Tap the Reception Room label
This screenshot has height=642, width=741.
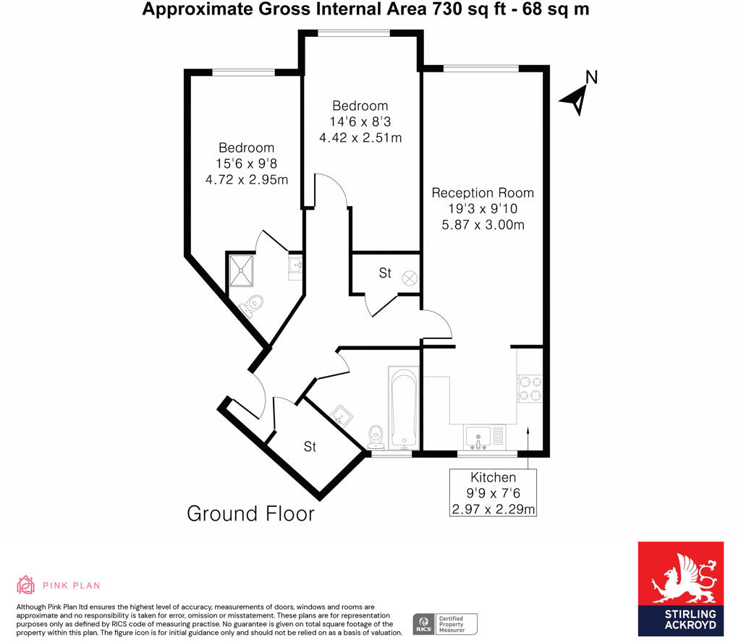483,193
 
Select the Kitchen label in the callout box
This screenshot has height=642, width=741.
493,477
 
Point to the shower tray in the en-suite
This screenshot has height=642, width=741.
241,270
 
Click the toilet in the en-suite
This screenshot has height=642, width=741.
250,307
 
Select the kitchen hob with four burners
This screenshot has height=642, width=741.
529,388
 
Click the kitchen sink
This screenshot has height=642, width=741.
478,437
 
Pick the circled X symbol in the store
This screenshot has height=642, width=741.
410,278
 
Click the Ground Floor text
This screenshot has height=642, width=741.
250,514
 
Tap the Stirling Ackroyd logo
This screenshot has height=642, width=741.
680,588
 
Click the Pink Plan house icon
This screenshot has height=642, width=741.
26,585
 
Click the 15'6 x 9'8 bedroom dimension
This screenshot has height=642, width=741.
247,163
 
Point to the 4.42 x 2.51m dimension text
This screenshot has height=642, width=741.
360,137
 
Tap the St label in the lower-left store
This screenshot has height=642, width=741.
310,448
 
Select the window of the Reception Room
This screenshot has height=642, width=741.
480,69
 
